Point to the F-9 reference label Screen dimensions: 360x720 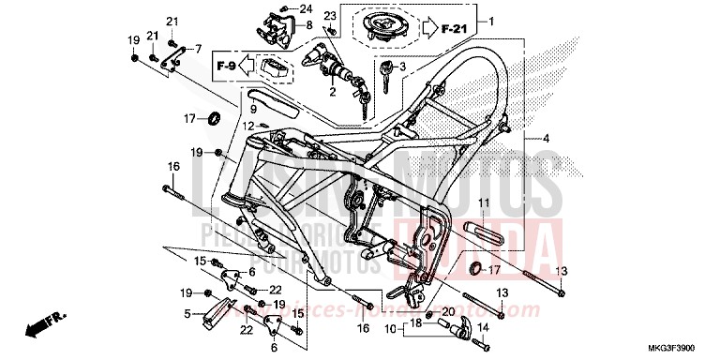226,67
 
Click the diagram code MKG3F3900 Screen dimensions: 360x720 684,348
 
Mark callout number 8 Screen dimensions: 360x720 308,25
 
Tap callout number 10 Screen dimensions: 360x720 389,329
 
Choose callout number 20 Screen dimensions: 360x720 448,310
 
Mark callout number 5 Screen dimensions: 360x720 187,313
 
